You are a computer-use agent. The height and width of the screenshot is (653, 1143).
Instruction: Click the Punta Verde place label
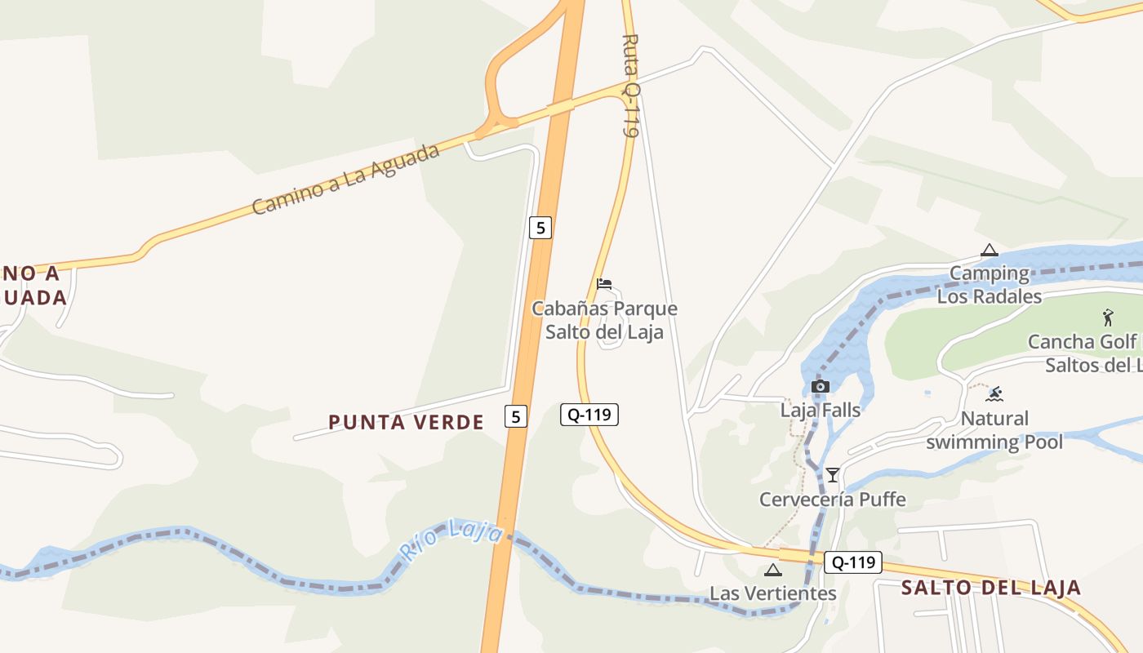click(406, 422)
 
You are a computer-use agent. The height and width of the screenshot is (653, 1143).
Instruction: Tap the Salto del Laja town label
click(990, 588)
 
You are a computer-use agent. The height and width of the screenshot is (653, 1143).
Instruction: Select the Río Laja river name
click(451, 540)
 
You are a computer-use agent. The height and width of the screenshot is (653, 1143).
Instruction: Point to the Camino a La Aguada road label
click(345, 180)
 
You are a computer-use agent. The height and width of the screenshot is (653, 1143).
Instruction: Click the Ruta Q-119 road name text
click(629, 85)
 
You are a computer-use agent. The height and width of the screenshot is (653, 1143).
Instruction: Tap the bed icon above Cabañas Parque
click(604, 284)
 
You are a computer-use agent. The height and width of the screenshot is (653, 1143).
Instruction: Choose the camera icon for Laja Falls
click(821, 386)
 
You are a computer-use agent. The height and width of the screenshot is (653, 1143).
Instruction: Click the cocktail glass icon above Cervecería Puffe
click(832, 474)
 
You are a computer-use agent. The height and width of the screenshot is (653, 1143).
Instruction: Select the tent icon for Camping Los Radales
click(990, 251)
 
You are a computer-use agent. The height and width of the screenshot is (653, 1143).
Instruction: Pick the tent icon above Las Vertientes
click(773, 570)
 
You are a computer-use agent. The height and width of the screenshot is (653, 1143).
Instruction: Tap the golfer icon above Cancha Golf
click(1107, 318)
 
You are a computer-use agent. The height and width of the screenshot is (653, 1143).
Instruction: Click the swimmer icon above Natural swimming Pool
click(994, 395)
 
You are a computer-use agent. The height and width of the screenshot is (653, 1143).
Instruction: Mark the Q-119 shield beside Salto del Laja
click(853, 562)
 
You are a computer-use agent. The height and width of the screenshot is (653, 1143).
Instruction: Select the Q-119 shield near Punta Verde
click(589, 415)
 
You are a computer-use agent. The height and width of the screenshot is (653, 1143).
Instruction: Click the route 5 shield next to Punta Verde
click(514, 416)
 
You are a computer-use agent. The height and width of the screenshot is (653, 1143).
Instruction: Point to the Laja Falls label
click(820, 410)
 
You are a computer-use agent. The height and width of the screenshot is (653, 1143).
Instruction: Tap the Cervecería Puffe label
click(832, 499)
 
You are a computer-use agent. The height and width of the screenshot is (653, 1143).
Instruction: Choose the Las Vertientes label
click(772, 593)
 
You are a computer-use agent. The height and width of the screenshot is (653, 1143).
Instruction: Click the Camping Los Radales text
click(990, 285)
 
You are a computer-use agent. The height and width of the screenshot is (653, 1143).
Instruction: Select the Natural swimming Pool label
click(994, 430)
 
